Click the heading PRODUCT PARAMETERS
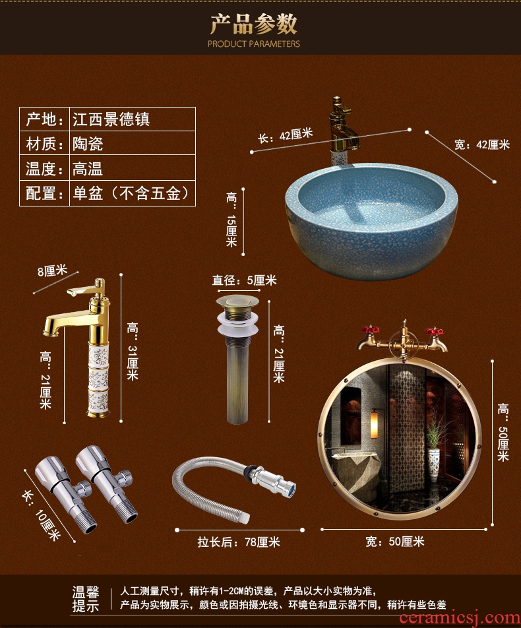pyautogui.click(x=253, y=44)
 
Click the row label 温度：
pyautogui.click(x=44, y=168)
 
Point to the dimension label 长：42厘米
pyautogui.click(x=285, y=135)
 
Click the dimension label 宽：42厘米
pyautogui.click(x=481, y=144)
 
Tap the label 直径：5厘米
pyautogui.click(x=244, y=280)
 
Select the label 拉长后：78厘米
pyautogui.click(x=239, y=542)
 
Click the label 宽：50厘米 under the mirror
pyautogui.click(x=394, y=542)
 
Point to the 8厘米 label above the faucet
pyautogui.click(x=52, y=270)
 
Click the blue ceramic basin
pyautogui.click(x=371, y=221)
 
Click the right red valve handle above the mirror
pyautogui.click(x=434, y=332)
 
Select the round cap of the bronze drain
pyautogui.click(x=237, y=301)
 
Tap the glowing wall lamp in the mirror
pyautogui.click(x=374, y=424)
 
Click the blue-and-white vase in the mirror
pyautogui.click(x=434, y=464)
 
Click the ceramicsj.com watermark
pyautogui.click(x=460, y=618)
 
